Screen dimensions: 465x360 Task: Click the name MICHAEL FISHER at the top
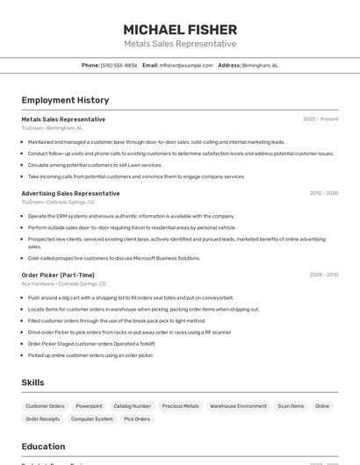tap(180, 30)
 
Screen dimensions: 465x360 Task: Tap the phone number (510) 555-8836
tap(119, 65)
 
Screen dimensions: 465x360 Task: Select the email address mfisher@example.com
tap(187, 65)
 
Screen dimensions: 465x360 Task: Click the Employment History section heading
tap(65, 100)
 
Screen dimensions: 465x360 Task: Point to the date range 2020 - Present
tap(320, 119)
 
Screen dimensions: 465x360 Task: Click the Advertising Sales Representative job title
tap(70, 193)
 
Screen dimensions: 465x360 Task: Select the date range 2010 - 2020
tap(323, 193)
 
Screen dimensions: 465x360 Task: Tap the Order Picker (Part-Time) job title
tap(58, 275)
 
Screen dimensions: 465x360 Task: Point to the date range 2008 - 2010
tap(323, 275)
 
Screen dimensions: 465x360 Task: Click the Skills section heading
tap(32, 383)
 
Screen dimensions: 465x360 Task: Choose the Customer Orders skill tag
tap(45, 406)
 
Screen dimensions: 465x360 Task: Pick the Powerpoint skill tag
tap(89, 406)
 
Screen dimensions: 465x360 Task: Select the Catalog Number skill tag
tap(132, 406)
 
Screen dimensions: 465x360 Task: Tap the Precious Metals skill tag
tap(180, 406)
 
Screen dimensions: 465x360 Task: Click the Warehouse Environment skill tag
tap(238, 406)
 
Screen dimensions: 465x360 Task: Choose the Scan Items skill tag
tap(291, 406)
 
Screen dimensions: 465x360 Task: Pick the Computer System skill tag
tap(92, 419)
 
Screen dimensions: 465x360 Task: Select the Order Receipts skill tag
tap(43, 419)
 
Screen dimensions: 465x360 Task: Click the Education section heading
tap(43, 446)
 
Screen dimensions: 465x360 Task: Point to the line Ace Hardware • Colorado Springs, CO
tap(63, 284)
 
